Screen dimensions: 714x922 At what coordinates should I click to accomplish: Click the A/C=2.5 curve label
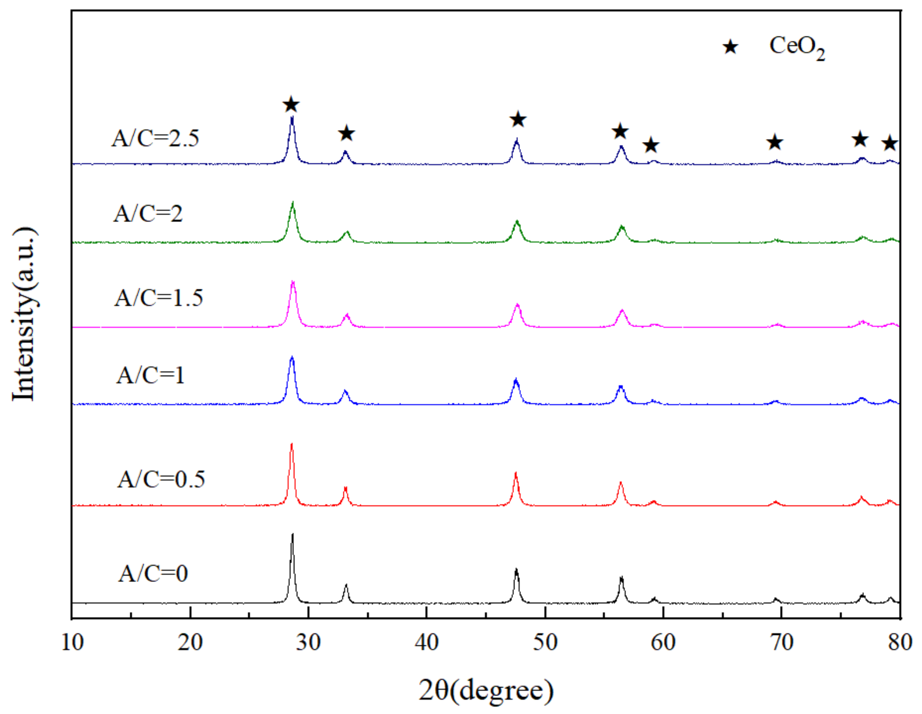click(155, 139)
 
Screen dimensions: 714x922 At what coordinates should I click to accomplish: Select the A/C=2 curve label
click(148, 214)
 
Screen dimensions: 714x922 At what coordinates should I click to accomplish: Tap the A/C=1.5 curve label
click(159, 298)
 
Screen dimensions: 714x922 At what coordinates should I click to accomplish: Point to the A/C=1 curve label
click(150, 375)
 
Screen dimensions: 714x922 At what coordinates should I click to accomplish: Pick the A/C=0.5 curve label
click(161, 479)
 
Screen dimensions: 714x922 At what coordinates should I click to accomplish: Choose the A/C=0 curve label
click(153, 574)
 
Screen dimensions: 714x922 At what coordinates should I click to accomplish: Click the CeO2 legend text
click(797, 47)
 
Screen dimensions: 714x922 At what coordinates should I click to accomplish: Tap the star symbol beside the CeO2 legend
click(730, 47)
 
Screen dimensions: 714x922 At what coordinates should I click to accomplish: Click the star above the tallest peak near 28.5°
click(291, 105)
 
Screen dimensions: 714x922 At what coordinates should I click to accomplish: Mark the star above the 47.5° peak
click(518, 119)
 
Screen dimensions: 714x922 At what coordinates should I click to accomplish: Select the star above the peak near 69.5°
click(775, 142)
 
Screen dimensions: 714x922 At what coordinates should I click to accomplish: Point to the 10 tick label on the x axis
click(72, 642)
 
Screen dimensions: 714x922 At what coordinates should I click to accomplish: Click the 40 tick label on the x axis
click(427, 642)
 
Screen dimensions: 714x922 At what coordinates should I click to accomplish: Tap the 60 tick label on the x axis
click(663, 642)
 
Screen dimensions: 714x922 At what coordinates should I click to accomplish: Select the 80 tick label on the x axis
click(900, 642)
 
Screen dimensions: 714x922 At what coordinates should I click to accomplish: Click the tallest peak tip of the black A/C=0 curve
click(293, 535)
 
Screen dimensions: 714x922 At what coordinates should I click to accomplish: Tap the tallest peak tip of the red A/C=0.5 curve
click(291, 444)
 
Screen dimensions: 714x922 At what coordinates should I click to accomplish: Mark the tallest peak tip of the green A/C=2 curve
click(293, 202)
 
